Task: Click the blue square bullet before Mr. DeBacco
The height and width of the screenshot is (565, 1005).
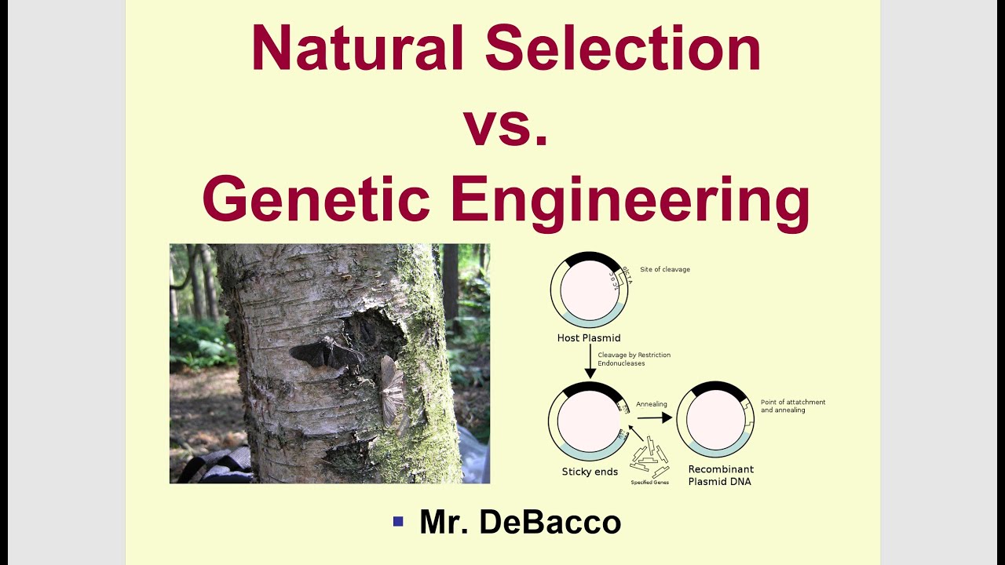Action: [398, 521]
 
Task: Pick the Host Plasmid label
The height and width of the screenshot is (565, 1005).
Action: [589, 338]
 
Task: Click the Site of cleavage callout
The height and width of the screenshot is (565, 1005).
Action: [664, 270]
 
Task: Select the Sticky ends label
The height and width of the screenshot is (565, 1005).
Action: [589, 472]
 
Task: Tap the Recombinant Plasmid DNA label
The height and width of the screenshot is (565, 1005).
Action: [719, 476]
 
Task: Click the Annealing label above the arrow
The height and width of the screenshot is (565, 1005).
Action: [651, 405]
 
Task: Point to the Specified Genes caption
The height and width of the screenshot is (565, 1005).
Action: [650, 482]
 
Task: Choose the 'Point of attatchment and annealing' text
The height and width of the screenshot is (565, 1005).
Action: [792, 406]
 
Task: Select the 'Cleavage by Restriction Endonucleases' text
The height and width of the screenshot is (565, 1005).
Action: [634, 359]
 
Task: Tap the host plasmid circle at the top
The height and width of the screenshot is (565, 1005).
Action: [588, 290]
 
